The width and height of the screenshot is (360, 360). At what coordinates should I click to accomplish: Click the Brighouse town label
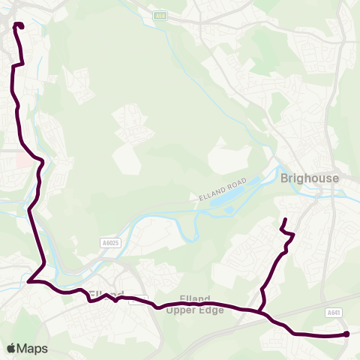(x=310, y=178)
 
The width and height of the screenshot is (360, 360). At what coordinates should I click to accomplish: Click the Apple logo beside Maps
(x=11, y=348)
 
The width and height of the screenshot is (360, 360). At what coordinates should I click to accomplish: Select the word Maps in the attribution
(x=32, y=348)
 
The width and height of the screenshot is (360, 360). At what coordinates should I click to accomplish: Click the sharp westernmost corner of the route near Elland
(x=28, y=282)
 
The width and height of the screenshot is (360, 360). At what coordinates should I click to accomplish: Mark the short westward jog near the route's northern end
(x=16, y=65)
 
